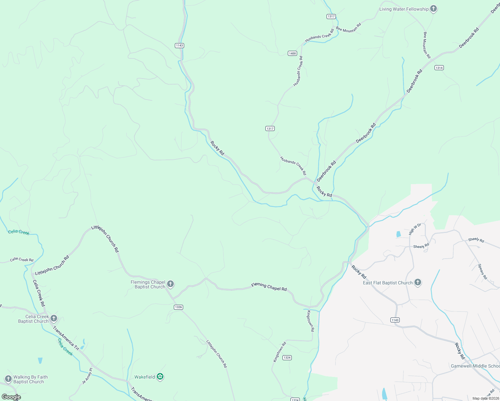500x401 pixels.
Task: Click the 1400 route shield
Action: (292, 53)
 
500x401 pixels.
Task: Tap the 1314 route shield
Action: (439, 68)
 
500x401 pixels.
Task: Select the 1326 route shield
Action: (178, 307)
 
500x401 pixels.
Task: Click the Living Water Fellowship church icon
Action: (433, 9)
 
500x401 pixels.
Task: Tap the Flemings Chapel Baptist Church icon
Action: (170, 284)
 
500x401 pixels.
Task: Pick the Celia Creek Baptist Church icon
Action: (54, 319)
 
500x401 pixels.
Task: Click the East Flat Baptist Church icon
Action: (417, 283)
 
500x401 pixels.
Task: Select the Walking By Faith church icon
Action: (8, 379)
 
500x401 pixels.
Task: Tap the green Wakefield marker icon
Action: (160, 377)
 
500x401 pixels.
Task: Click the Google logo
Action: (11, 397)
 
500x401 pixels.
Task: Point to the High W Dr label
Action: (415, 229)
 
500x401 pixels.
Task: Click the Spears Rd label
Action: (482, 272)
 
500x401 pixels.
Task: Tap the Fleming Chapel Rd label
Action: (269, 287)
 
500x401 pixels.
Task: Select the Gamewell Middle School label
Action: (475, 366)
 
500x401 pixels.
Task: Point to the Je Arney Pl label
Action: (87, 376)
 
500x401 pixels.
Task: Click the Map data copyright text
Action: (485, 398)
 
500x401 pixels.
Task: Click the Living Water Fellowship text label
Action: (404, 9)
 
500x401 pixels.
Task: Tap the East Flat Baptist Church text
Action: (388, 283)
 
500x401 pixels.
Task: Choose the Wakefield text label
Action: (145, 377)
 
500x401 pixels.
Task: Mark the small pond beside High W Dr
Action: (398, 234)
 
